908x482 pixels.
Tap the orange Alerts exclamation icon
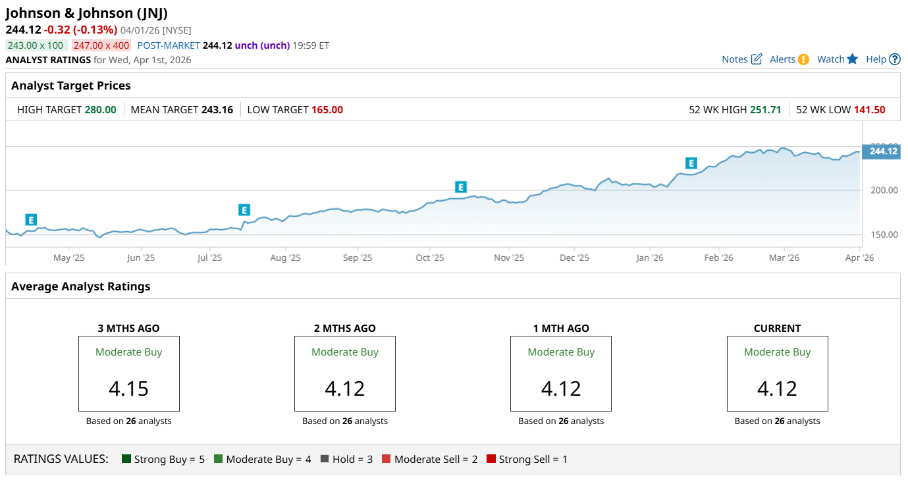803,59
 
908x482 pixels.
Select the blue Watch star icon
853,59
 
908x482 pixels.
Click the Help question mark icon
894,59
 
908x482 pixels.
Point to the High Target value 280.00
101,110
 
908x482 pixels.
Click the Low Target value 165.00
327,110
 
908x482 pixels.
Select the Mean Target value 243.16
217,110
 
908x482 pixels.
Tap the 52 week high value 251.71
766,110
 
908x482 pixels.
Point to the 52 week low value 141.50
869,110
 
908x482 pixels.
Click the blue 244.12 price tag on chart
882,151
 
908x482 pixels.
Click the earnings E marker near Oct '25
461,187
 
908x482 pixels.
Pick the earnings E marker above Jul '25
244,210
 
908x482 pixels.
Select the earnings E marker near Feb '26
691,163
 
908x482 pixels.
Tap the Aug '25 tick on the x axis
285,257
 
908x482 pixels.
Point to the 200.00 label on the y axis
884,190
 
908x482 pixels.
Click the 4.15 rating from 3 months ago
129,388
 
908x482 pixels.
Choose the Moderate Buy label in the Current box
777,352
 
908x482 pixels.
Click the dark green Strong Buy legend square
127,459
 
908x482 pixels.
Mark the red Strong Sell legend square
491,459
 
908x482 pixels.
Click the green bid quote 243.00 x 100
36,45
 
